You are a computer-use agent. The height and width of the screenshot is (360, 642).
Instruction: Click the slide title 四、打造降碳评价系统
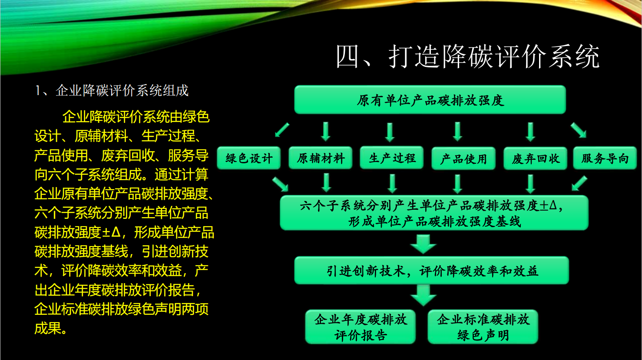pyautogui.click(x=467, y=56)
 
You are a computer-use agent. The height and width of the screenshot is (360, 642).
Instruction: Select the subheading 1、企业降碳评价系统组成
pyautogui.click(x=112, y=91)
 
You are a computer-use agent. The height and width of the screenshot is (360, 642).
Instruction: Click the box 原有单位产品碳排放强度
pyautogui.click(x=430, y=100)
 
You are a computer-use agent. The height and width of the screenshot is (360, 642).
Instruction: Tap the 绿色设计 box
pyautogui.click(x=249, y=158)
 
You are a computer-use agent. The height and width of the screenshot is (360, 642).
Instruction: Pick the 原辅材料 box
pyautogui.click(x=321, y=158)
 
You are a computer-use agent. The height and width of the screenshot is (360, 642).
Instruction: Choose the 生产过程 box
pyautogui.click(x=392, y=158)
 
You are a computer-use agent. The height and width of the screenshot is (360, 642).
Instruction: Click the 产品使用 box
pyautogui.click(x=463, y=159)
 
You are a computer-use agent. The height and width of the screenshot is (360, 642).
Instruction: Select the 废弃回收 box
pyautogui.click(x=536, y=159)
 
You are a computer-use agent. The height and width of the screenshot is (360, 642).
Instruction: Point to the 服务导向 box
pyautogui.click(x=605, y=158)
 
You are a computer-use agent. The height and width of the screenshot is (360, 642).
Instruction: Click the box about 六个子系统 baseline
pyautogui.click(x=434, y=213)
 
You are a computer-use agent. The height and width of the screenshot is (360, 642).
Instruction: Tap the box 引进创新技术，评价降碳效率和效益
pyautogui.click(x=432, y=271)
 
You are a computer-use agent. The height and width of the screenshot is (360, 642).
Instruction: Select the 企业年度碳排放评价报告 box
pyautogui.click(x=360, y=327)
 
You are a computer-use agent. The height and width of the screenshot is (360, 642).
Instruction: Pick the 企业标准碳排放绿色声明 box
pyautogui.click(x=483, y=327)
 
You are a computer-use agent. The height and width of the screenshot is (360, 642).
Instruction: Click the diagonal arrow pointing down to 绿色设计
pyautogui.click(x=282, y=130)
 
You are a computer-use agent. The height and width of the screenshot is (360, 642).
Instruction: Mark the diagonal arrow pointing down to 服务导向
pyautogui.click(x=579, y=130)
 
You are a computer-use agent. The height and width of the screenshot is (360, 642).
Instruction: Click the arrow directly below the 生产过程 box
pyautogui.click(x=392, y=183)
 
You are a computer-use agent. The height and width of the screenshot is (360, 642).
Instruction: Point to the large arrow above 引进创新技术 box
pyautogui.click(x=424, y=244)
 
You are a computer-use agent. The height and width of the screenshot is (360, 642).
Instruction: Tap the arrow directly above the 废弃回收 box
pyautogui.click(x=530, y=132)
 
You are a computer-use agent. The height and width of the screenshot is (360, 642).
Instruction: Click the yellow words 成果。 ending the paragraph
pyautogui.click(x=51, y=328)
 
